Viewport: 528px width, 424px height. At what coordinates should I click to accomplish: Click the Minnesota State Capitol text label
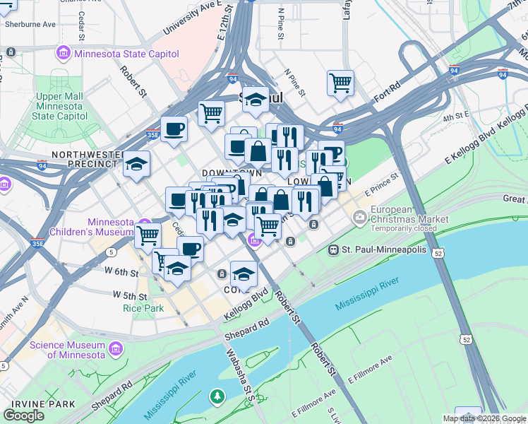tap(124, 54)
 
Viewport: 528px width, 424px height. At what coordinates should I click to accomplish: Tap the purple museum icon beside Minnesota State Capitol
tap(64, 54)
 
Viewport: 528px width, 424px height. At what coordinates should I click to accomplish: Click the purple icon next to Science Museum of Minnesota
tap(116, 348)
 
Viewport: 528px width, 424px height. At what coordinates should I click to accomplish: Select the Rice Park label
tap(143, 308)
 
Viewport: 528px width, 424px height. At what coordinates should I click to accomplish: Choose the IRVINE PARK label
tap(33, 404)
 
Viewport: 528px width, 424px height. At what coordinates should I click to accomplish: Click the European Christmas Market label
tap(411, 215)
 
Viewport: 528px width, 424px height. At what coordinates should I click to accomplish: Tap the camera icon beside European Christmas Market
tap(361, 216)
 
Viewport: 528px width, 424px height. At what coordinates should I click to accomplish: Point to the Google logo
tap(24, 415)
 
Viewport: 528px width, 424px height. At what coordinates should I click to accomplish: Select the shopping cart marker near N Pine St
tap(340, 83)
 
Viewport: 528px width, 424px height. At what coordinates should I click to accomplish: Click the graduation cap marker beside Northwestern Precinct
tap(136, 164)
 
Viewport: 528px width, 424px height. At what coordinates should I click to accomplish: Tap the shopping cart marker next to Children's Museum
tap(148, 234)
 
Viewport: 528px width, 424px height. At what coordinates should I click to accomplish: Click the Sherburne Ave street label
tap(29, 24)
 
